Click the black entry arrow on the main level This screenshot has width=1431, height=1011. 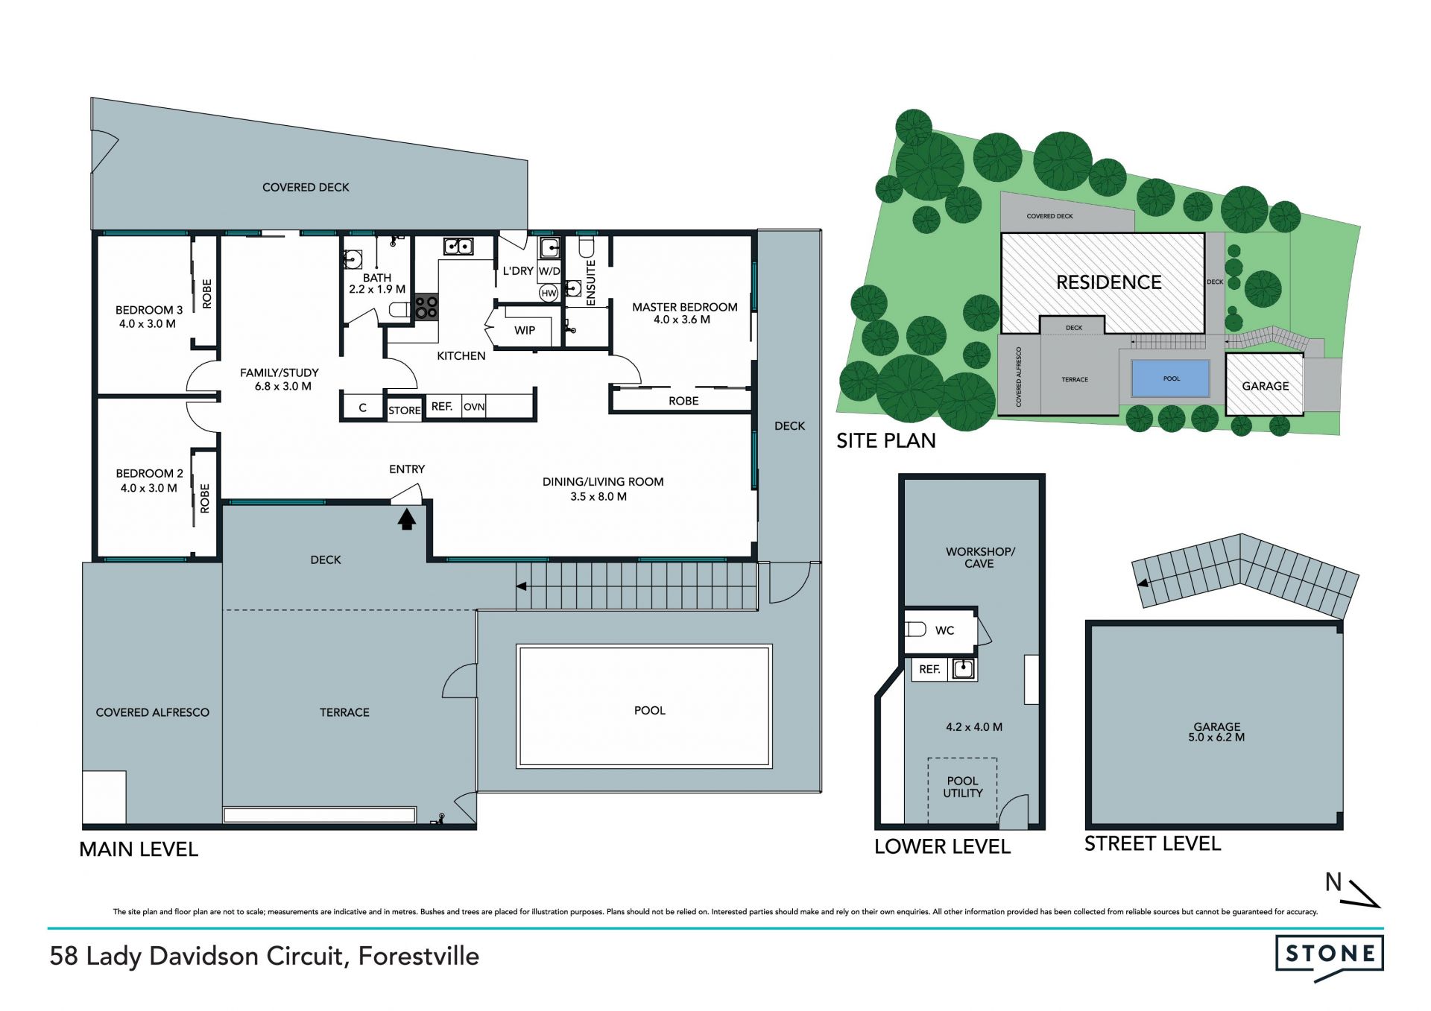click(x=406, y=519)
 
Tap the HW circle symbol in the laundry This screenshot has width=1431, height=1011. click(x=549, y=293)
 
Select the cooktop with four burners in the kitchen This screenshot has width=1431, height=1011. click(x=426, y=307)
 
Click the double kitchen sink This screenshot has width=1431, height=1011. click(x=458, y=246)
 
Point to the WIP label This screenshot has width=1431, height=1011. click(x=525, y=330)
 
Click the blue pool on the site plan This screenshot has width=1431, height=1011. click(x=1171, y=378)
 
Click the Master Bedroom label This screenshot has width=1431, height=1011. click(x=685, y=307)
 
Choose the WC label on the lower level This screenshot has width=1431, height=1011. click(x=944, y=630)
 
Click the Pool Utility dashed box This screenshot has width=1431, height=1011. click(x=962, y=790)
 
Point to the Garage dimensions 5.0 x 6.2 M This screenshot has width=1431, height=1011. click(x=1216, y=738)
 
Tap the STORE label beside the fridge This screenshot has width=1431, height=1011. click(x=405, y=411)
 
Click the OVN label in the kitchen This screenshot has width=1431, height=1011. click(x=474, y=407)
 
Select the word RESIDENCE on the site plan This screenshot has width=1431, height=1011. click(x=1109, y=282)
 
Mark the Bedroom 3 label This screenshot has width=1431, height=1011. click(x=149, y=310)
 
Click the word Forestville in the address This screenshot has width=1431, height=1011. click(x=419, y=956)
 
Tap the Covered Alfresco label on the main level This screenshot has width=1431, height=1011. click(x=153, y=712)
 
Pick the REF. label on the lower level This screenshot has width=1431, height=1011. click(x=929, y=669)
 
